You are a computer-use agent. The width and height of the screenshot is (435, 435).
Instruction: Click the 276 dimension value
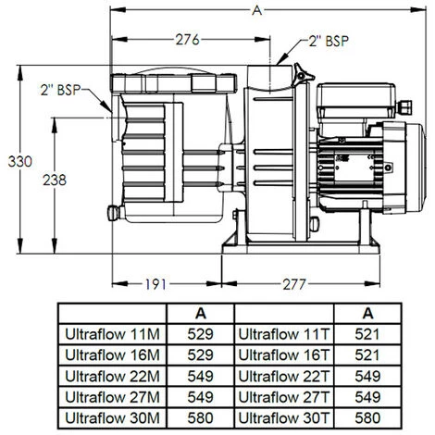click(188, 40)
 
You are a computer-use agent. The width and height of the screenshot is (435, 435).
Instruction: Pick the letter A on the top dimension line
click(254, 11)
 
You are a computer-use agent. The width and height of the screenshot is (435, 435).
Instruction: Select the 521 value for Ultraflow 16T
click(368, 354)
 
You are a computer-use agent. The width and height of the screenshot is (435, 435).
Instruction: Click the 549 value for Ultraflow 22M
click(201, 375)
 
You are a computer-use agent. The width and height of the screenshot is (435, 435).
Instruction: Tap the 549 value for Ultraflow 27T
click(368, 395)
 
